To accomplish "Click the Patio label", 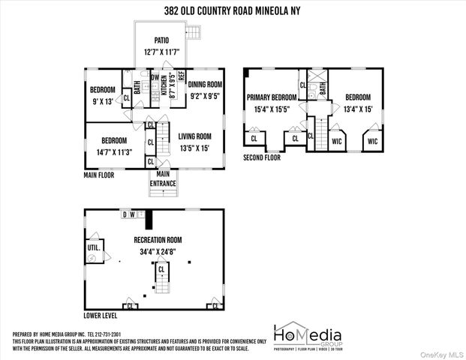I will (161, 40).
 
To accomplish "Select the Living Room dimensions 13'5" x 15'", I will (194, 148).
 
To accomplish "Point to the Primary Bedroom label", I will (271, 97).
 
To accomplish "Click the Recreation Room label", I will (158, 240).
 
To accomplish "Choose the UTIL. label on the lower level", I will (95, 246).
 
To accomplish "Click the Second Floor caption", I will (262, 157).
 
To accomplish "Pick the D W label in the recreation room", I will (129, 214).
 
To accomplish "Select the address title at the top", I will (232, 11).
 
